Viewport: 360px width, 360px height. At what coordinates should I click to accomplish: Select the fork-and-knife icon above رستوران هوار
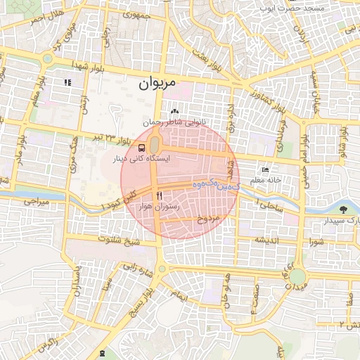(160, 195)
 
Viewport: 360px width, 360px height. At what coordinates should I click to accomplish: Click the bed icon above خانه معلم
(265, 169)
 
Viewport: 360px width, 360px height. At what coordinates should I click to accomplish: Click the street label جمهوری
(135, 13)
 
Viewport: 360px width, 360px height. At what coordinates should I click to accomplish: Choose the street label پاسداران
(77, 284)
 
